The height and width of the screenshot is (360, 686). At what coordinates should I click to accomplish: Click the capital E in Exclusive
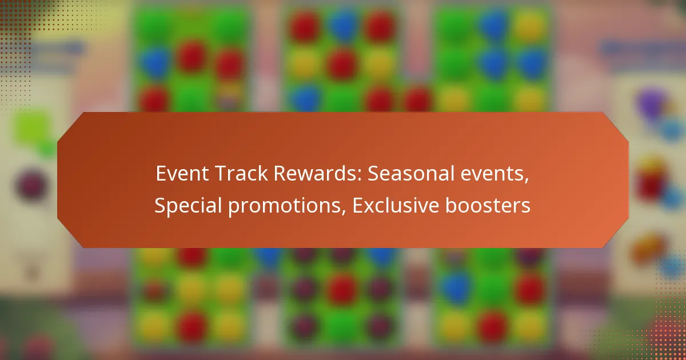click(x=357, y=206)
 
